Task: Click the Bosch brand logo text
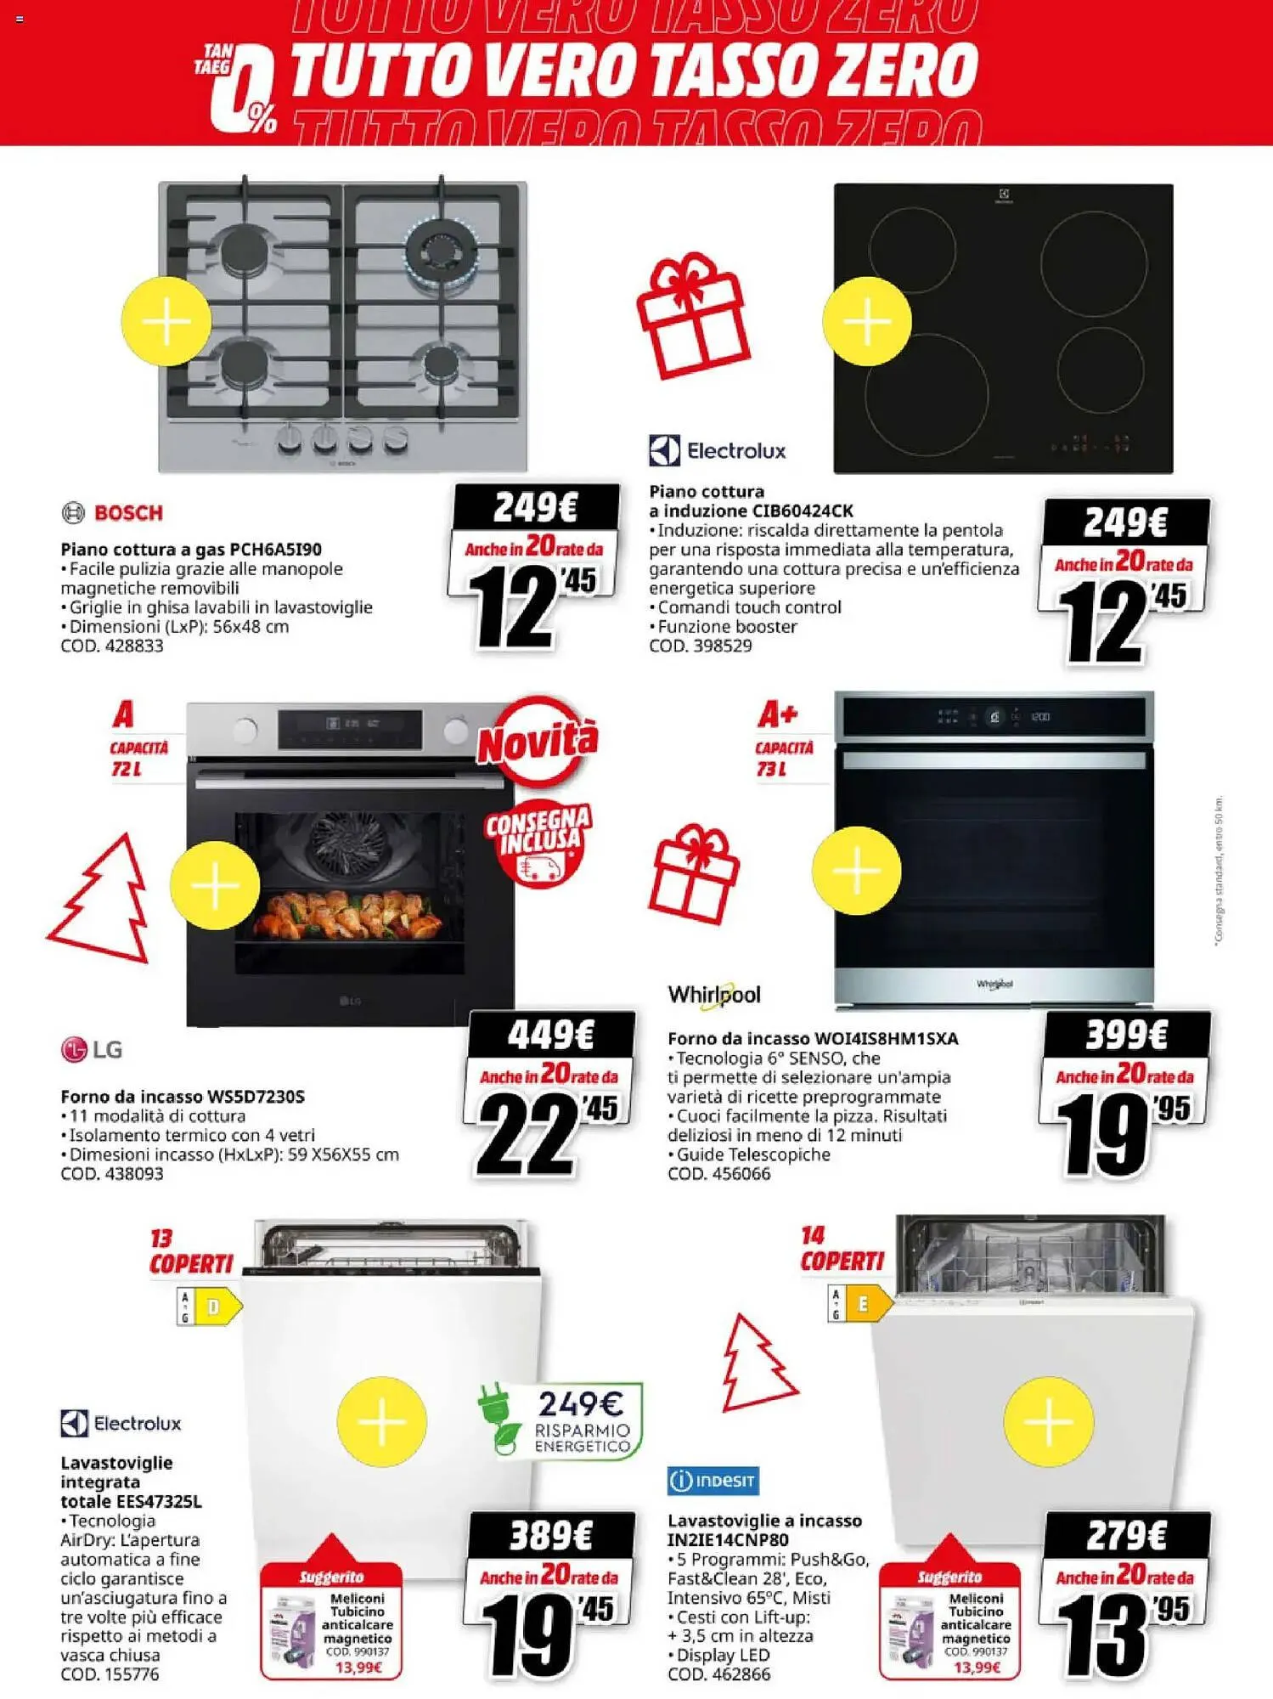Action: coord(127,513)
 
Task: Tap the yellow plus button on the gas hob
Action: coord(166,322)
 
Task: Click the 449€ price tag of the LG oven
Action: coord(551,1035)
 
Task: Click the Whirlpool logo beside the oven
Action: coord(713,996)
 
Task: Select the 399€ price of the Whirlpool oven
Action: coord(1127,1035)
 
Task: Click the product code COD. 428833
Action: coord(112,646)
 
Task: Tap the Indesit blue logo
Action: coord(713,1481)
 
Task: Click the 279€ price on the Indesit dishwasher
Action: coord(1127,1536)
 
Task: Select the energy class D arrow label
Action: coord(211,1307)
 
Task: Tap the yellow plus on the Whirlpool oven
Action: coord(856,871)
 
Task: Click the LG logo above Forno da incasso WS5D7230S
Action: coord(92,1050)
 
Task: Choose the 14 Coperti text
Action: coord(841,1249)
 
